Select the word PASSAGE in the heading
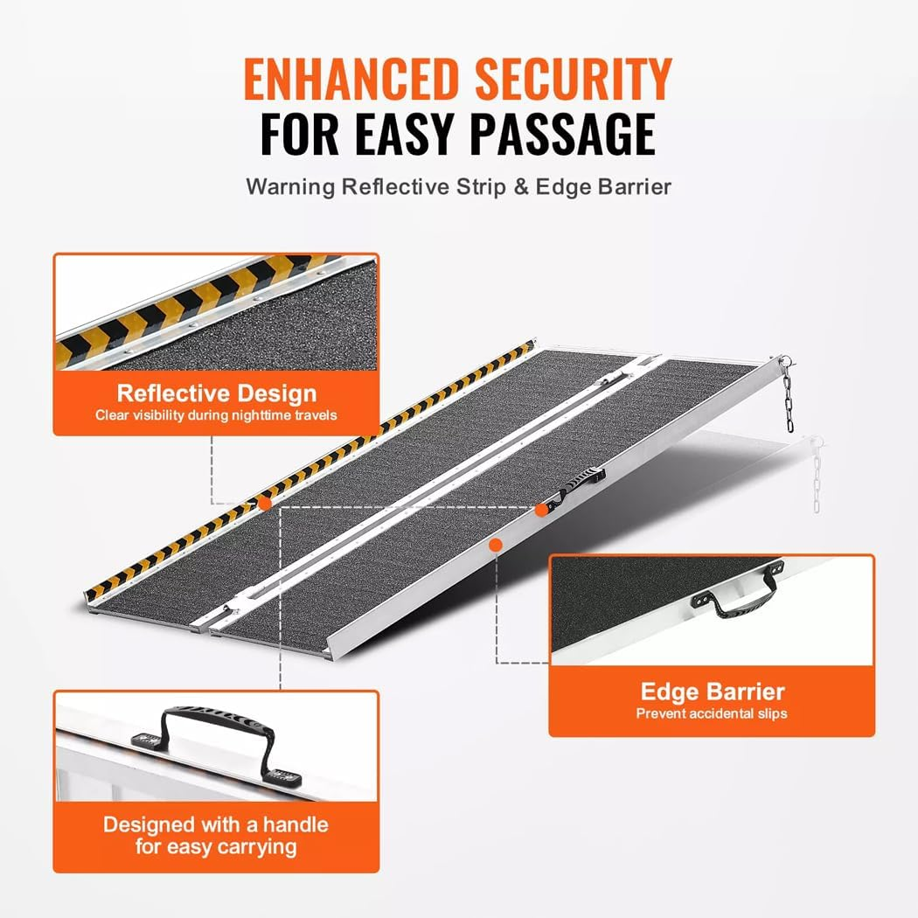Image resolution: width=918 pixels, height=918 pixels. [563, 135]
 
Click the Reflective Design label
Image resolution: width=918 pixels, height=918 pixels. [217, 393]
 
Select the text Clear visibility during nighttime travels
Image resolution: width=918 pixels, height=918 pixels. [217, 414]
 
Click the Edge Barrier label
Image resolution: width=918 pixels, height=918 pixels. [713, 692]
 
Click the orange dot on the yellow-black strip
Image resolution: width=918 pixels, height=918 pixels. [262, 504]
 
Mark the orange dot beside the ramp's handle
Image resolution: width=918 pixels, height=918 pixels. [541, 508]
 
